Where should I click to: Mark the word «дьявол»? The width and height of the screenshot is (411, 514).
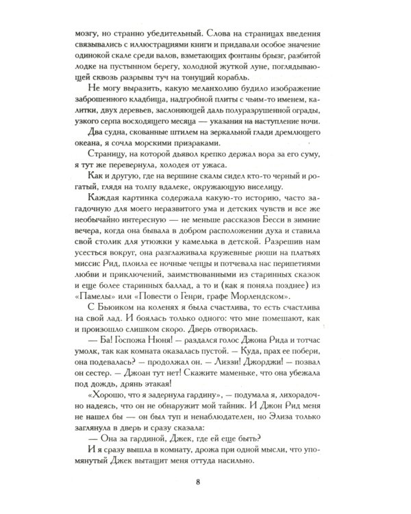coord(203,173)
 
